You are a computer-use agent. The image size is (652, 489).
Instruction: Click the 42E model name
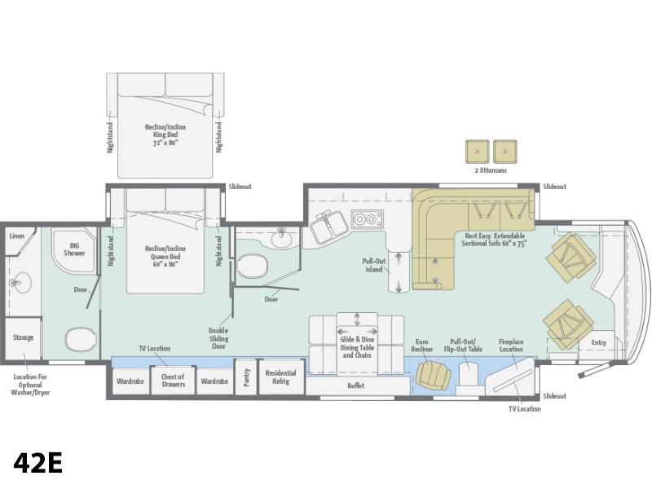37,462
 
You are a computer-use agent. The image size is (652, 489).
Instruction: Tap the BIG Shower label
74,249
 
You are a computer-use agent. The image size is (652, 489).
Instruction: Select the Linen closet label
16,236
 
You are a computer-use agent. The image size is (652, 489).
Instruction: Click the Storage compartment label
23,337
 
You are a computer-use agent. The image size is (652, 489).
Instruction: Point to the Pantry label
247,377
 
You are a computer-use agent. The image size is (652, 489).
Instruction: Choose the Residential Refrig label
280,377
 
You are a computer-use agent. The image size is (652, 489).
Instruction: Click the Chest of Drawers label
173,381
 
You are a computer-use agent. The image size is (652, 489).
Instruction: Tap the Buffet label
356,385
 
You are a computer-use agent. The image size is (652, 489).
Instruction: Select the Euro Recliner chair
433,375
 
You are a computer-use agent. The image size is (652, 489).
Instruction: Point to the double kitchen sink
328,227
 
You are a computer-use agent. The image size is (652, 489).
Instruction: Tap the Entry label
599,342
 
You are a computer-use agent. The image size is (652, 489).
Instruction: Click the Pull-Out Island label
374,266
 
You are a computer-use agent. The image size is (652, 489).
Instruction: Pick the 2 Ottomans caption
491,170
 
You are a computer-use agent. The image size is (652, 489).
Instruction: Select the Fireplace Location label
511,345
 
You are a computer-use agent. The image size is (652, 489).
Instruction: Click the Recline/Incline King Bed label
165,134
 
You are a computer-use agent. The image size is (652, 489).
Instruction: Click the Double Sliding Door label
218,338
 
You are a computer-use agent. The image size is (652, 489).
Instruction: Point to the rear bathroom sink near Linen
19,283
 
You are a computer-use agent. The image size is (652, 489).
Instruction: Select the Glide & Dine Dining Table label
357,347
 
